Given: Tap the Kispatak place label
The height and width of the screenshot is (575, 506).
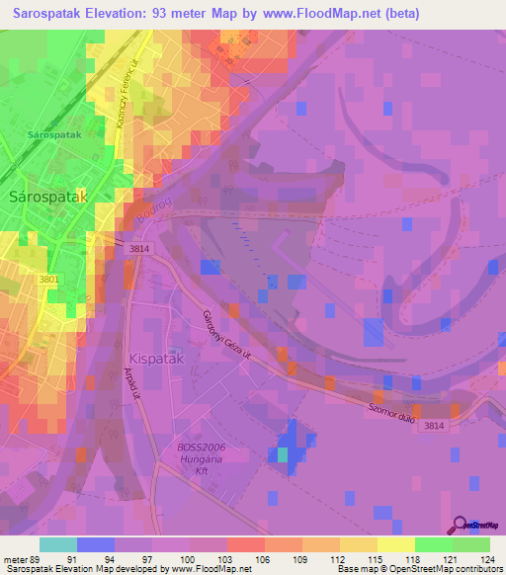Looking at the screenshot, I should click(x=155, y=357).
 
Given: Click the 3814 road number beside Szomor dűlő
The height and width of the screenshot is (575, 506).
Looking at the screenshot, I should click(x=433, y=425).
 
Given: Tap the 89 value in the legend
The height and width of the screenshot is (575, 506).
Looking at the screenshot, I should click(x=40, y=559).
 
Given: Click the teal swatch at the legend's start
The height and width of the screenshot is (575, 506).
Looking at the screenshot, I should click(x=57, y=544).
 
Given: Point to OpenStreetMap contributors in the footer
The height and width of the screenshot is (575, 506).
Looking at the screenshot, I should click(x=446, y=570).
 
